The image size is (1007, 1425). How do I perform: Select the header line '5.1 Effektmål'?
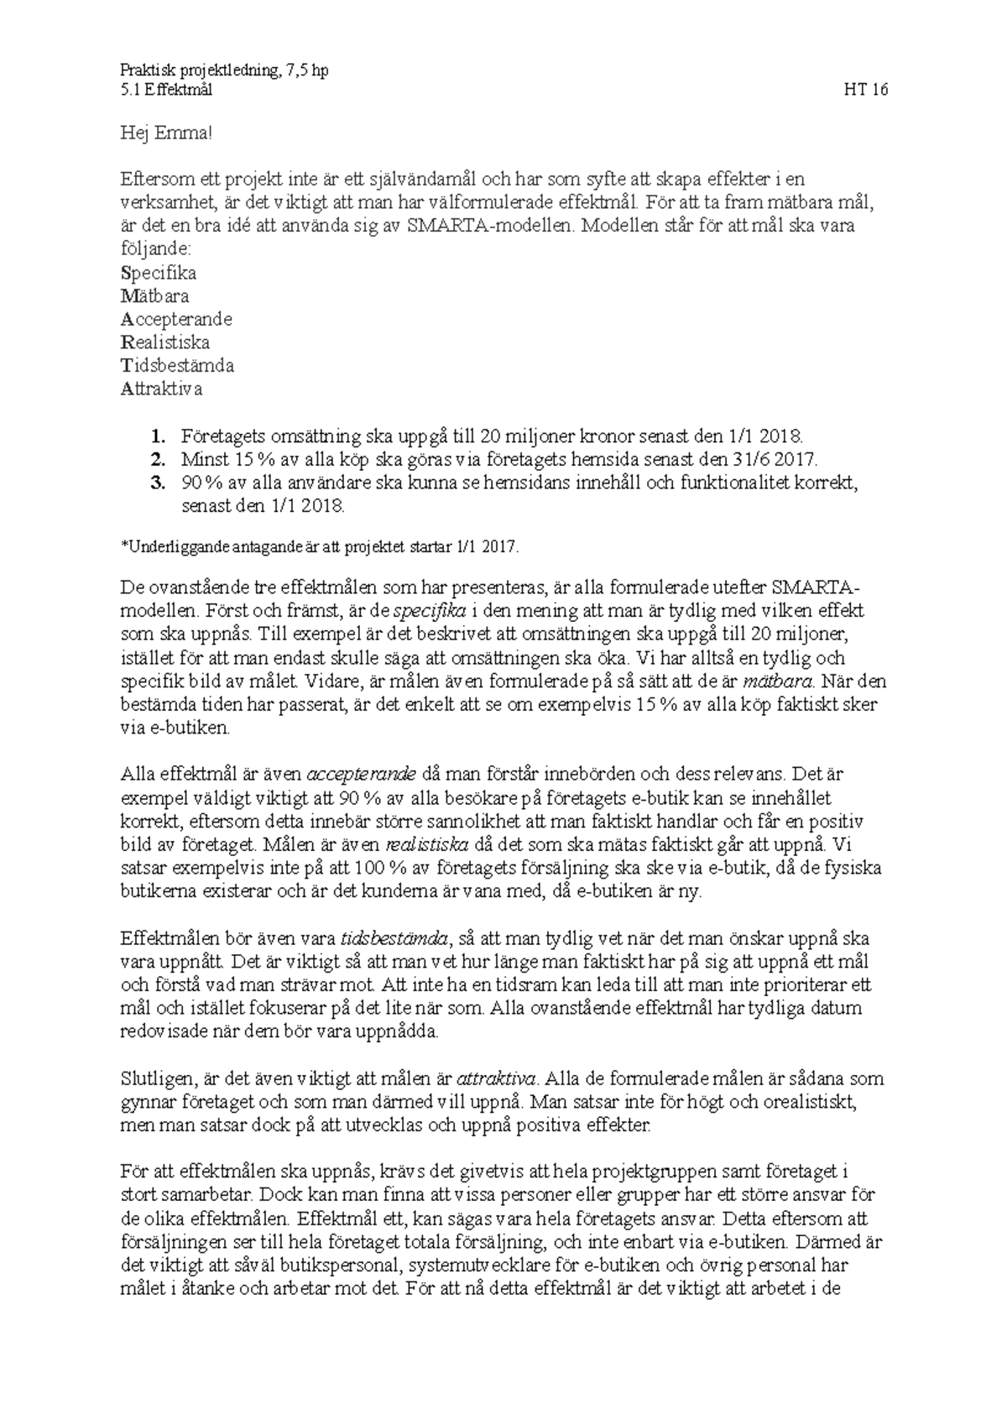pyautogui.click(x=166, y=91)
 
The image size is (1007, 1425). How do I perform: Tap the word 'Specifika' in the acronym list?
pyautogui.click(x=159, y=273)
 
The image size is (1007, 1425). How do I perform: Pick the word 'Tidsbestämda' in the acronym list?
pyautogui.click(x=177, y=366)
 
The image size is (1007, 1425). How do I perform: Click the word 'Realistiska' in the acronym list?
pyautogui.click(x=165, y=342)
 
